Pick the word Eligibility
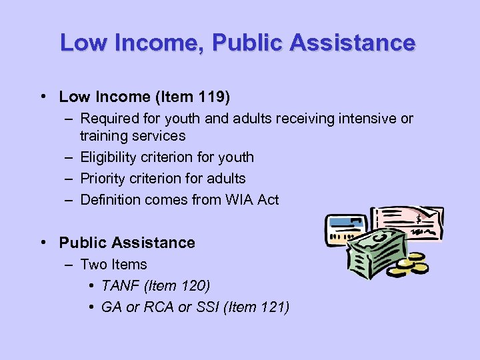tap(107, 157)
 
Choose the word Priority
tap(103, 179)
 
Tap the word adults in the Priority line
tap(225, 179)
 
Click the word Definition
tap(109, 200)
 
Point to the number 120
tap(194, 286)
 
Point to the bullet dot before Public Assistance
tap(43, 243)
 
